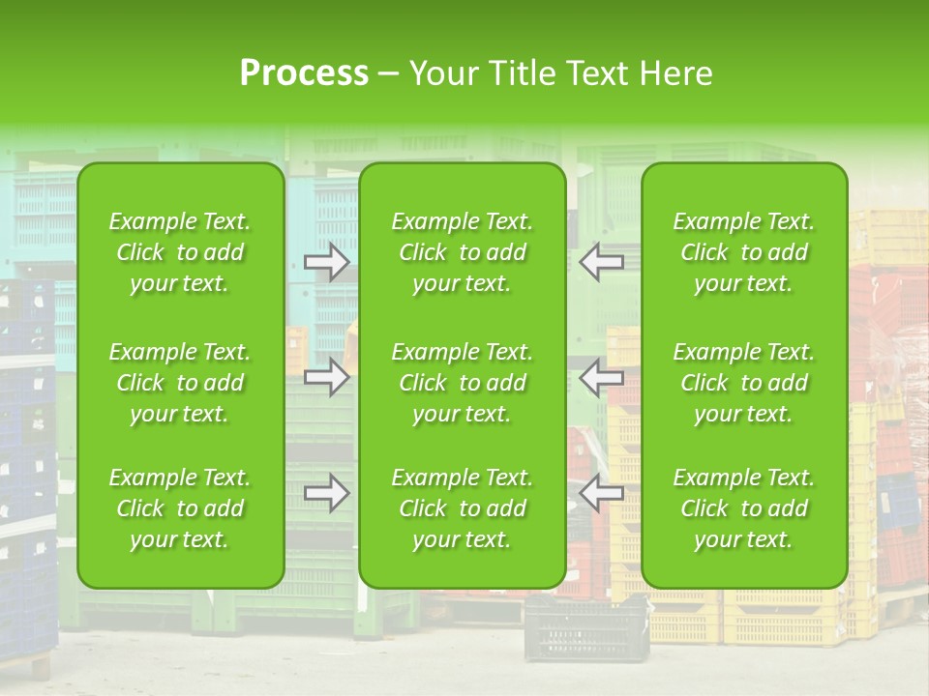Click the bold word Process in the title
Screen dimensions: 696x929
(304, 73)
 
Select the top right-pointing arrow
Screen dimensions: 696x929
(327, 262)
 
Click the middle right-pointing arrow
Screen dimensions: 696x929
(327, 377)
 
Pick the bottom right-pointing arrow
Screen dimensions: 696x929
(327, 494)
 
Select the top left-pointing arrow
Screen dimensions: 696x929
(602, 260)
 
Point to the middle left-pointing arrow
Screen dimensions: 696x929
(602, 377)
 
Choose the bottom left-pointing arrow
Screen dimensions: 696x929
(602, 493)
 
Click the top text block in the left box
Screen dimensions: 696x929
(180, 252)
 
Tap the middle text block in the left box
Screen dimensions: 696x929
(180, 383)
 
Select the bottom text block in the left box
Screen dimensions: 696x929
(180, 508)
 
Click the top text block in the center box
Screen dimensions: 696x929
(463, 252)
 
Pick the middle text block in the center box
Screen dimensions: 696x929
(463, 383)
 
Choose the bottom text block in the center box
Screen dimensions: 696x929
(463, 508)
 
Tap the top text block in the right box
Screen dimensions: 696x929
(744, 252)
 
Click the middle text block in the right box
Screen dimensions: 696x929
(744, 383)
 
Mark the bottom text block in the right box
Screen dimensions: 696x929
(744, 508)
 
